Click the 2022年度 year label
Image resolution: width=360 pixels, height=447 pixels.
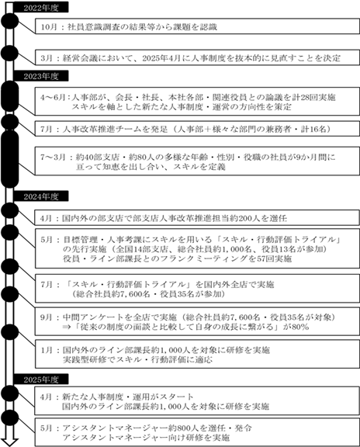[41, 8]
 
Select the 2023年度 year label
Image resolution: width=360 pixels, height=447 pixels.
[41, 76]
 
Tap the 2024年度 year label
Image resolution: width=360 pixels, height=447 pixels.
[41, 196]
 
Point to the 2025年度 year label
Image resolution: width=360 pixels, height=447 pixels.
[41, 379]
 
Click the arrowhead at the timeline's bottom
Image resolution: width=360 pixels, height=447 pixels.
[9, 442]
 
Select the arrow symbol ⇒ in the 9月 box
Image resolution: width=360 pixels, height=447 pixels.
[67, 327]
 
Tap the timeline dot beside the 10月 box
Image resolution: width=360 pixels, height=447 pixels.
[9, 21]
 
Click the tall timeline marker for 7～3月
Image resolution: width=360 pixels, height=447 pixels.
[9, 159]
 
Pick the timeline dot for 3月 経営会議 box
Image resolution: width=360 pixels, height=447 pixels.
[9, 53]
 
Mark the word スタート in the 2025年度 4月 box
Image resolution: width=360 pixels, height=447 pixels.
[177, 397]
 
